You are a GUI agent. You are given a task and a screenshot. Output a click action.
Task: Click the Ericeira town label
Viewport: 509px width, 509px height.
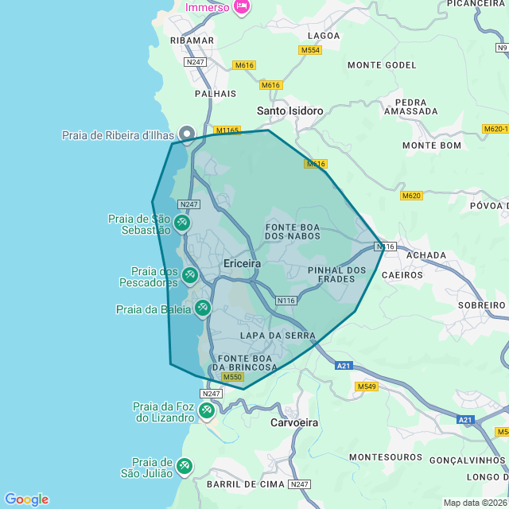[x=243, y=263]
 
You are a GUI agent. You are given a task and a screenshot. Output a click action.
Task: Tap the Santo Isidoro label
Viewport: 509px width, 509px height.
[x=290, y=111]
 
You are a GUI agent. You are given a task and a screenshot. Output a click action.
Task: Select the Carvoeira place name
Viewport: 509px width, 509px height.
[x=294, y=423]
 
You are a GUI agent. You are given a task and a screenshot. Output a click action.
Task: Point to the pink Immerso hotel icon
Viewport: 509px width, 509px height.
[x=242, y=7]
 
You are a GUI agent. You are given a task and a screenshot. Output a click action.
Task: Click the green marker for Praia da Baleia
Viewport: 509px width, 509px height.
[x=203, y=308]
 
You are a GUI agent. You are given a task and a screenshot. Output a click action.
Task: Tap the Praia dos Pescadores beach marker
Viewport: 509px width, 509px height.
[x=190, y=275]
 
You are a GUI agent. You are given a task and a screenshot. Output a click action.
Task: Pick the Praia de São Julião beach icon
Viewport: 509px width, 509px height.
[x=185, y=466]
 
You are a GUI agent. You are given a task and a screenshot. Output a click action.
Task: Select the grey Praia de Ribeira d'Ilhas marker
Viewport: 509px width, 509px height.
[x=187, y=134]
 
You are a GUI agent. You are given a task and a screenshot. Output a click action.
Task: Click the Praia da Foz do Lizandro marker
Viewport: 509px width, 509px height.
[x=207, y=410]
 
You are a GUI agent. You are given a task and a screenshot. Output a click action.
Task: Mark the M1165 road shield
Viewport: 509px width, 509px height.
[x=227, y=130]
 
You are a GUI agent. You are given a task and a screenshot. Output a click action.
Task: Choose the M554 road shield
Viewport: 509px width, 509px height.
[x=310, y=50]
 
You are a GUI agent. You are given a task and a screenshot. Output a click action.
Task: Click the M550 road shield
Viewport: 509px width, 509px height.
[x=232, y=377]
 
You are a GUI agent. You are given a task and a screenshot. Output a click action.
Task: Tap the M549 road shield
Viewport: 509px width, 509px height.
[x=367, y=387]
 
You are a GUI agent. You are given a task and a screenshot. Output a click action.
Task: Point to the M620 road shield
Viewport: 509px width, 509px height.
[x=411, y=196]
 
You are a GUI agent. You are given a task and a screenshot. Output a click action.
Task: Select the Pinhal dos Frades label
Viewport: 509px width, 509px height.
[x=336, y=274]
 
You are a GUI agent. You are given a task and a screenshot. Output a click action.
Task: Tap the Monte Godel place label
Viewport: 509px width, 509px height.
[x=382, y=64]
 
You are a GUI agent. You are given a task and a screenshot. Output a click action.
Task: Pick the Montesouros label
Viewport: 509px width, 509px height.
[x=386, y=457]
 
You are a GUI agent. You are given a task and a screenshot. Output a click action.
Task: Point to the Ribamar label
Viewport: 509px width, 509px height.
[x=192, y=41]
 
